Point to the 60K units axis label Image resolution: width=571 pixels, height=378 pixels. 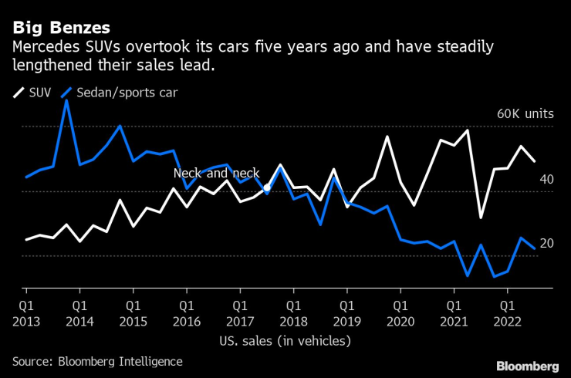click(525, 113)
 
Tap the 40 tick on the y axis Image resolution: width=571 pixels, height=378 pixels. click(546, 179)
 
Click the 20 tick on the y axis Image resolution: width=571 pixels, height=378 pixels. click(546, 244)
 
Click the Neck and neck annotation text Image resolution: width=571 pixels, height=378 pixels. click(216, 174)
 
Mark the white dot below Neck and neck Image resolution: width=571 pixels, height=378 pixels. click(266, 187)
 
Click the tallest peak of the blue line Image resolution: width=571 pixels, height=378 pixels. click(66, 100)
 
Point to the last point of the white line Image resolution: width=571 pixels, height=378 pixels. click(535, 160)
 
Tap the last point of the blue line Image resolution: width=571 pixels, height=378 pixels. click(535, 248)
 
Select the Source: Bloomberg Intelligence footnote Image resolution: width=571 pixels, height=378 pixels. click(97, 361)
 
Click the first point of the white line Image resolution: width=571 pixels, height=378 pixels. click(25, 240)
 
